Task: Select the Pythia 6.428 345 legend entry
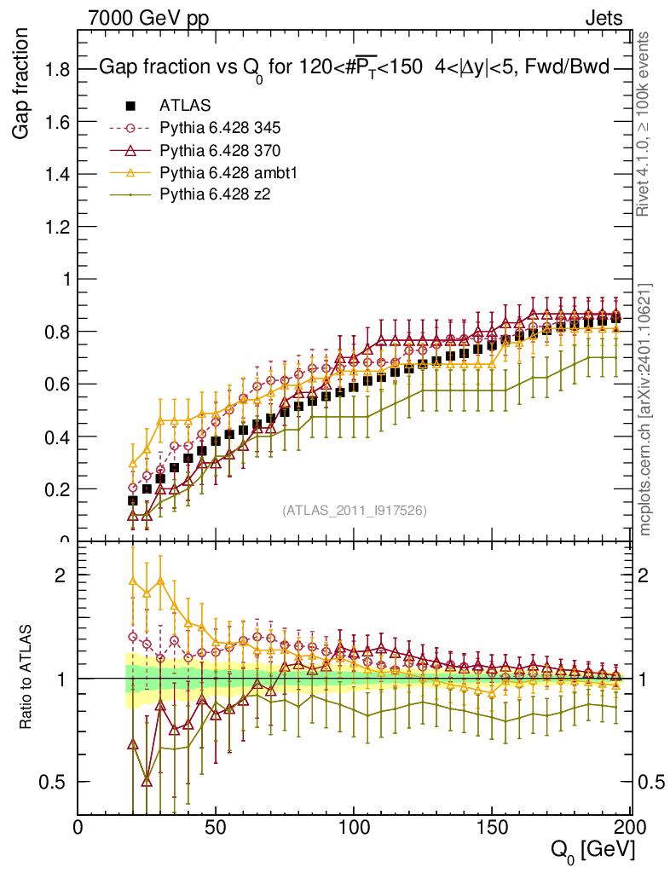point(220,128)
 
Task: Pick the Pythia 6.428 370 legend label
point(220,150)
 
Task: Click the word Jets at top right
point(604,17)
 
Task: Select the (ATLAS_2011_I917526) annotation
point(355,510)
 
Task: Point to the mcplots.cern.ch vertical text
point(645,409)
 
